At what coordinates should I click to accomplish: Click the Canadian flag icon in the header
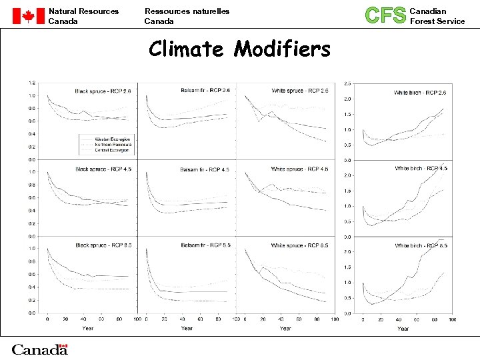pos(27,16)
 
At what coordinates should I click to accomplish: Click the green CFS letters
pos(385,15)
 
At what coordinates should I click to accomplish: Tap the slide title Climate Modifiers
pos(239,49)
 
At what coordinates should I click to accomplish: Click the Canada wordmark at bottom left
pos(39,349)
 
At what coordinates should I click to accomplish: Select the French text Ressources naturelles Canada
pos(187,16)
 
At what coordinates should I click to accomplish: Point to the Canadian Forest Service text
pos(437,16)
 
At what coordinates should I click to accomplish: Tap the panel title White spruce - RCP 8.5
pos(299,246)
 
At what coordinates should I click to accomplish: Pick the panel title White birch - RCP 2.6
pos(420,93)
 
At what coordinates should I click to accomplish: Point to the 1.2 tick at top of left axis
pos(32,83)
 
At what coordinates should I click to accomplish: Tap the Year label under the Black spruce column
pos(88,328)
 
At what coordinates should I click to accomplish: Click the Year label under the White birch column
pos(403,328)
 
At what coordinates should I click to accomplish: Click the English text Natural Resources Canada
pos(83,16)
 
